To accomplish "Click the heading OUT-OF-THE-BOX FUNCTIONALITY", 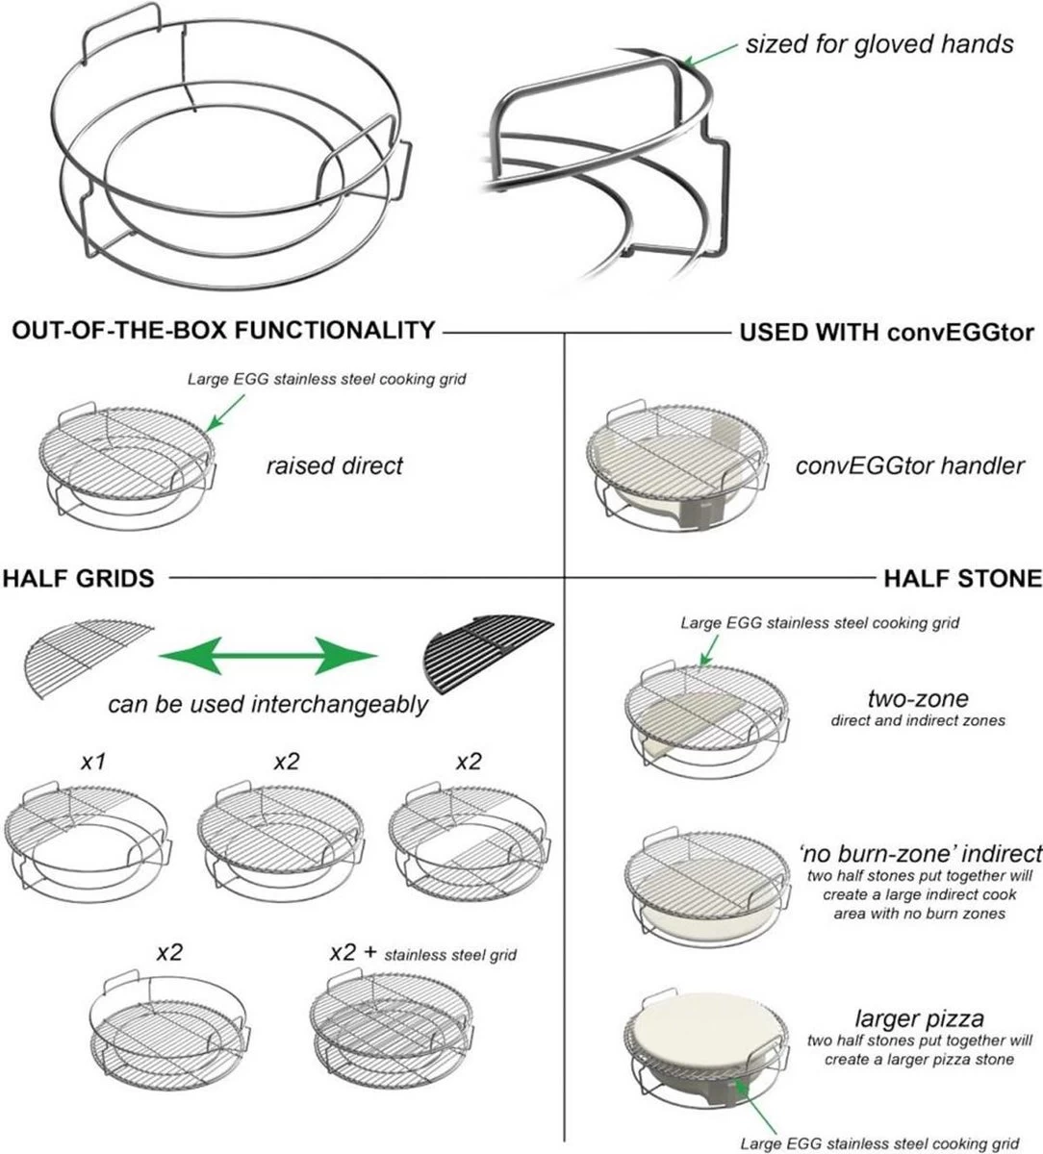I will click(x=223, y=331).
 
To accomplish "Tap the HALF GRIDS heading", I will click(x=78, y=578).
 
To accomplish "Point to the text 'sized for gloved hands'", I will click(x=878, y=44).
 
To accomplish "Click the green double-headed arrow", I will click(x=268, y=658).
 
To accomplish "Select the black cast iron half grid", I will click(x=489, y=653).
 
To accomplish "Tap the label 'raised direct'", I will click(x=334, y=466).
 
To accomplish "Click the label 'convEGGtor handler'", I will click(x=909, y=466).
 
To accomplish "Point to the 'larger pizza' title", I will click(x=919, y=1018).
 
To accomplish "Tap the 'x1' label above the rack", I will click(x=93, y=762).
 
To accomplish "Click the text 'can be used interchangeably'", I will click(x=267, y=704).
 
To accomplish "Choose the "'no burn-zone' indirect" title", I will click(x=920, y=853).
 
